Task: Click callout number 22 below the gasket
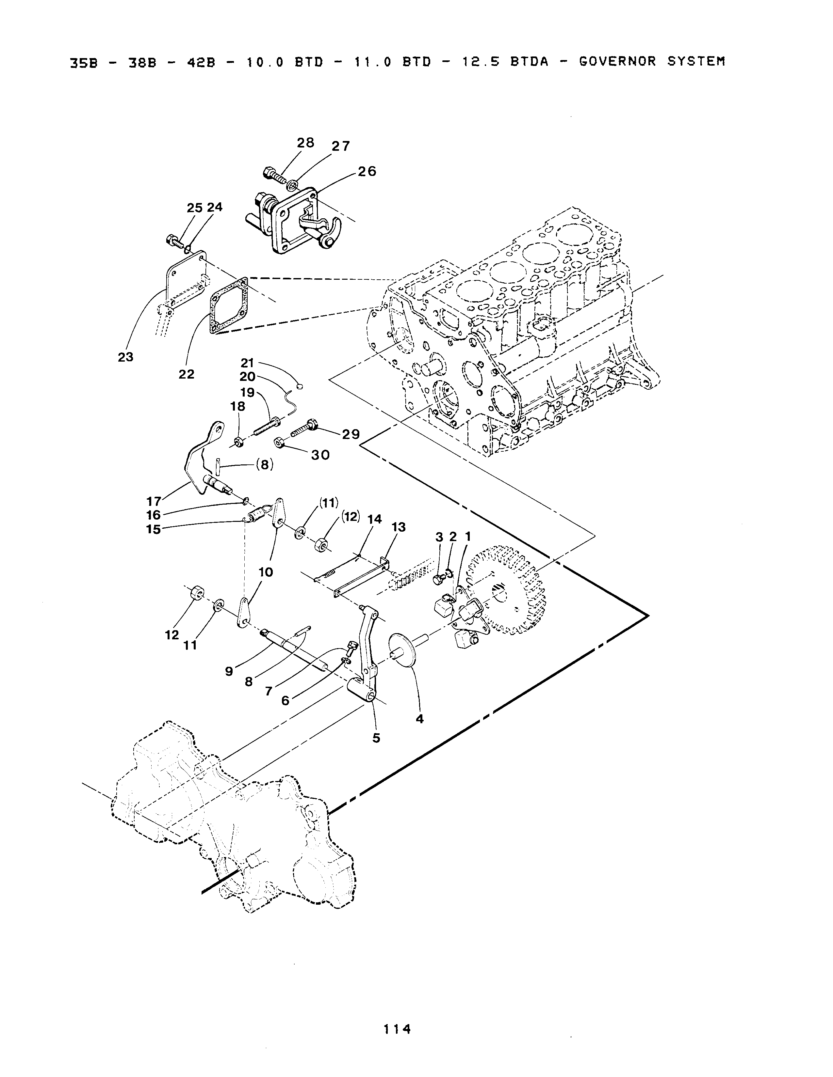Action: [x=187, y=374]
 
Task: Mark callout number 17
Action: [x=154, y=502]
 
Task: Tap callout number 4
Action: [x=419, y=719]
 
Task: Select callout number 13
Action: [x=398, y=527]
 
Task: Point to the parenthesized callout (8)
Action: [x=265, y=464]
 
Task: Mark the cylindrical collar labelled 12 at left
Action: [x=197, y=592]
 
